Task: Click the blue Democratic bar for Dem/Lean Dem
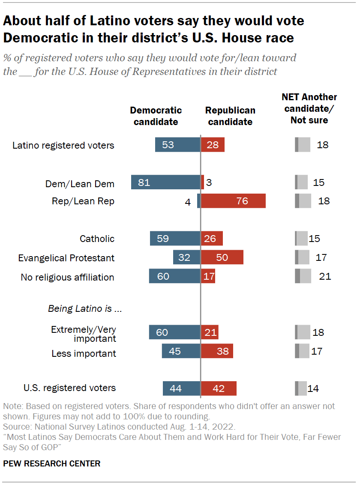click(166, 182)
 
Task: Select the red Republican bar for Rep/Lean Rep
click(233, 200)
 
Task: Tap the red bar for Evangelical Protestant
click(222, 257)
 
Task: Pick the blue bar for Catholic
click(175, 239)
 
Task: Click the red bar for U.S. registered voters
click(219, 388)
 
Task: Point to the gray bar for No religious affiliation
click(303, 276)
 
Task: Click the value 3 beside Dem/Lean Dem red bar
click(209, 182)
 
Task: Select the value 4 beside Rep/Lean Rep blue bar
click(187, 201)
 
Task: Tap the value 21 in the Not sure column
click(325, 276)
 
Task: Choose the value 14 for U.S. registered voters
click(313, 388)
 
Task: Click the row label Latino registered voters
click(63, 145)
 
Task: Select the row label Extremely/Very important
click(84, 334)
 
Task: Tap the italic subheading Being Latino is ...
click(85, 308)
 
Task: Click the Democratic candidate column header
click(156, 116)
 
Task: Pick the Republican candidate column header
click(230, 116)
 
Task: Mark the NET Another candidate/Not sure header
click(309, 109)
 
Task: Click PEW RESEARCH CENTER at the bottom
click(52, 463)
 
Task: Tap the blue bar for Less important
click(181, 351)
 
